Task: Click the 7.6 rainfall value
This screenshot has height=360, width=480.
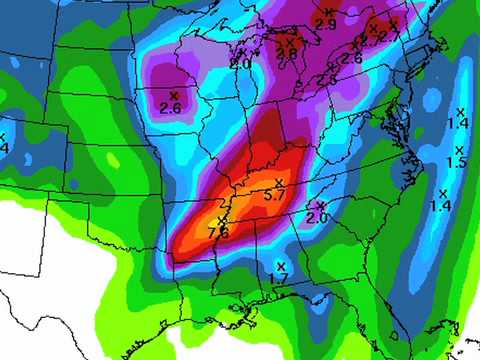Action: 218,232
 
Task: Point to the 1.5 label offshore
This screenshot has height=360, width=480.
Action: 456,163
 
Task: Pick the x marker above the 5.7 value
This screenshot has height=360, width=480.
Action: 280,182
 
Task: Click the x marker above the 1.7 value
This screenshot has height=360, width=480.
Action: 280,265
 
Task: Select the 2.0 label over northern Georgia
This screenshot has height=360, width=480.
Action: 317,217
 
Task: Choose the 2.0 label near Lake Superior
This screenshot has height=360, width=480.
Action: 241,63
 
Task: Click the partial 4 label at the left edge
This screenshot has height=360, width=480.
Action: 4,148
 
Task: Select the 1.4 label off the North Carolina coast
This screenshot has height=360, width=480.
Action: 440,205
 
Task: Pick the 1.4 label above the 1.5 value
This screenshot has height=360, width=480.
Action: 458,123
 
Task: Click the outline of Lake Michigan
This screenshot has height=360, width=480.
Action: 247,95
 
